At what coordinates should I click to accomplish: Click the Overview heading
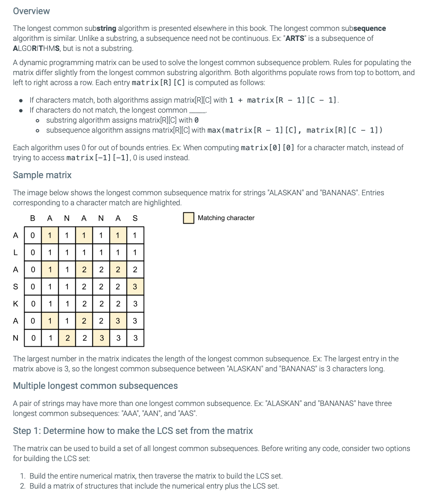click(31, 11)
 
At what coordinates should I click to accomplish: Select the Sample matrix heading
click(42, 175)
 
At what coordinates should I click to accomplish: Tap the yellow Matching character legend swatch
click(189, 218)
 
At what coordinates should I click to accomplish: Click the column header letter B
click(33, 218)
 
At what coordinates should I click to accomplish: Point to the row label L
click(15, 252)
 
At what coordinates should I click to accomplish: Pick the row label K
click(15, 303)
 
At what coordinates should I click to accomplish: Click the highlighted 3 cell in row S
click(135, 287)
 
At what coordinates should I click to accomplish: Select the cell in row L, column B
click(33, 252)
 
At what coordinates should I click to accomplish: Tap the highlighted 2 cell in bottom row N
click(67, 338)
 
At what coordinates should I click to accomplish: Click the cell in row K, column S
click(135, 304)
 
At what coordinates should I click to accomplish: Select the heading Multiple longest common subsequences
click(95, 386)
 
